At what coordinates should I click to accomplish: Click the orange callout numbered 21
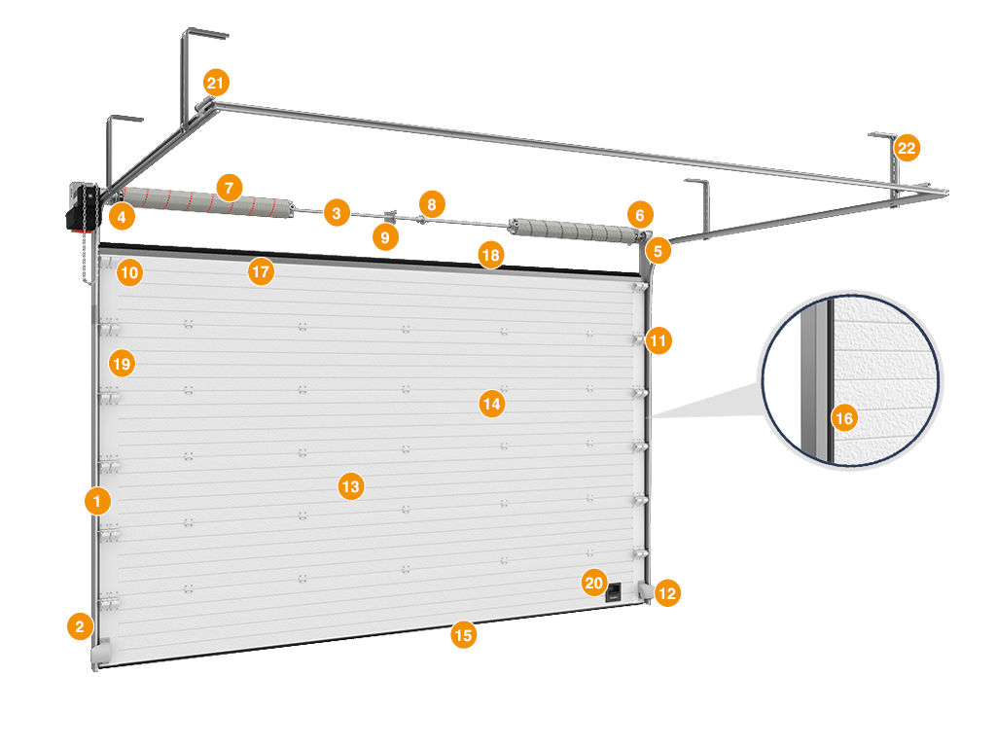coord(216,81)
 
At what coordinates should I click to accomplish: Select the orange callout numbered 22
coord(907,148)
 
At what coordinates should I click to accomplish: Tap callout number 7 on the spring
coord(229,187)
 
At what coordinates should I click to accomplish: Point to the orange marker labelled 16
coord(844,418)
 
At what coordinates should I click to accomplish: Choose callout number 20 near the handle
coord(594,583)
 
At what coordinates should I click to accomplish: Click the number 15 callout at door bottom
coord(464,635)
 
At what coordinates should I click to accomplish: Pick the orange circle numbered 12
coord(668,592)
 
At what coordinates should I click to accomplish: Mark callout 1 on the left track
coord(97,501)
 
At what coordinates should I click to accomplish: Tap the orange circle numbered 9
coord(386,236)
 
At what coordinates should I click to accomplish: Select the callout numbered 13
coord(350,485)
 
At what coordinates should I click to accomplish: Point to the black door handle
coord(615,592)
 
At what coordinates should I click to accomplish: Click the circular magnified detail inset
coord(852,379)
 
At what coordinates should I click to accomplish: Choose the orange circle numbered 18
coord(490,256)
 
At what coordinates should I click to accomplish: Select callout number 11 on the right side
coord(658,340)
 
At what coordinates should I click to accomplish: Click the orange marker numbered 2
coord(80,625)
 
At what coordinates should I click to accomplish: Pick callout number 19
coord(122,363)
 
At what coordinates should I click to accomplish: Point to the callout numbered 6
coord(638,213)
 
